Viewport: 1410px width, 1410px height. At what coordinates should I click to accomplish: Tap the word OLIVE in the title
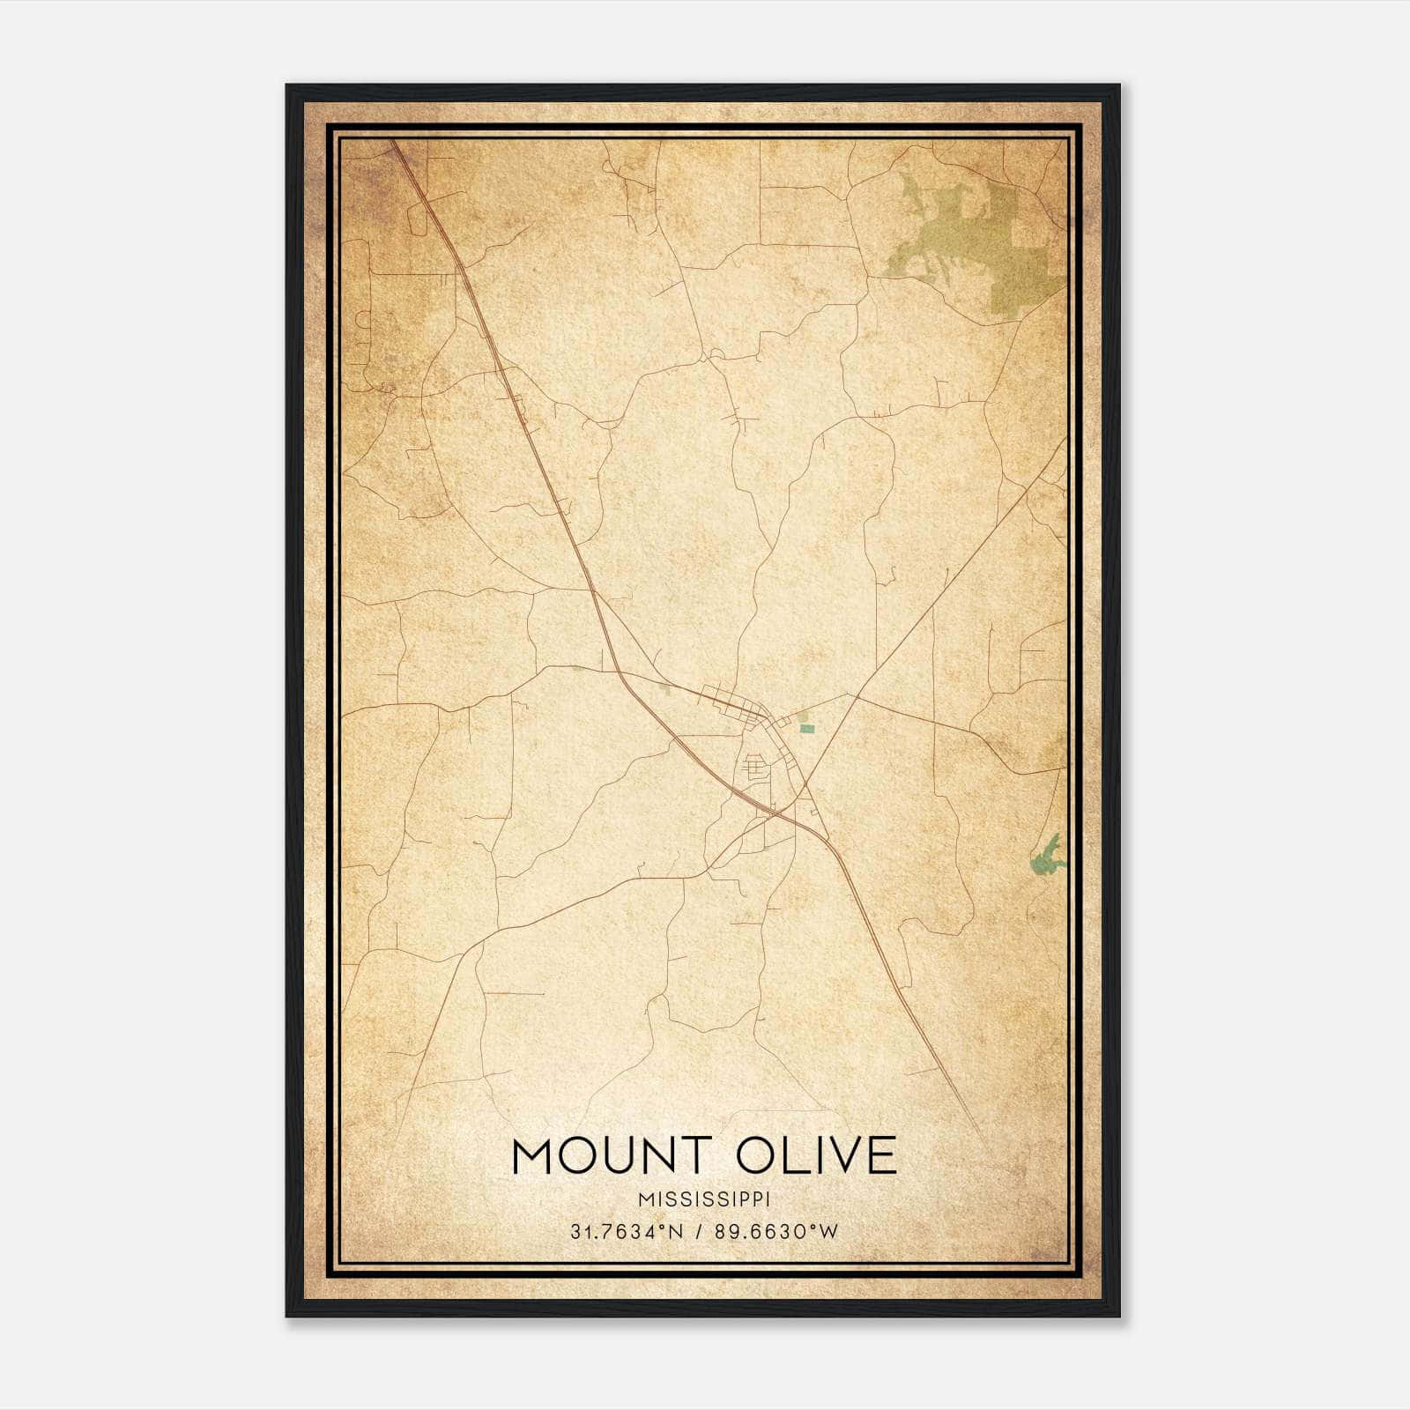[x=816, y=1156]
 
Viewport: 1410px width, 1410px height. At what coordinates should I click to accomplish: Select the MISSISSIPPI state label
[x=704, y=1199]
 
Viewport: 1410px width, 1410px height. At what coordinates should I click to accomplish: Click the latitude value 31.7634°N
[x=627, y=1232]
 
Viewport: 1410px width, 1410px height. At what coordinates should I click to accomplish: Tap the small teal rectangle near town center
[x=806, y=729]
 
